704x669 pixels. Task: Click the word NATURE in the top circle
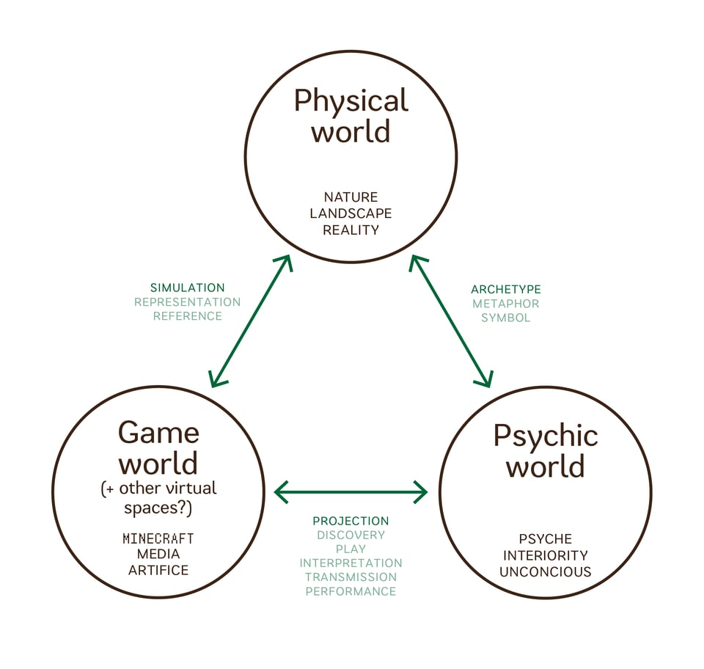351,197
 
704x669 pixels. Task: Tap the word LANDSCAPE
351,213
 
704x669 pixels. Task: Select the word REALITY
351,230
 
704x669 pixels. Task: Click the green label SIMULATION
187,288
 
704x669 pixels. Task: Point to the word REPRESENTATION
187,301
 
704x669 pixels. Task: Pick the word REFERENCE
187,316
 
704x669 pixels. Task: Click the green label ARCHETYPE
506,290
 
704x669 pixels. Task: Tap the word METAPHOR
506,304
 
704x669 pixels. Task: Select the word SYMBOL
506,318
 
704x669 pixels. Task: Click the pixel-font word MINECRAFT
158,539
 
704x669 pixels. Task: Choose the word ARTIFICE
158,570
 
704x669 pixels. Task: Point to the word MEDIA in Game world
158,555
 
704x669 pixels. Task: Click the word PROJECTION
351,521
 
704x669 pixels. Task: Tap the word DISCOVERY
351,535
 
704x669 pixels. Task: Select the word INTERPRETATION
351,563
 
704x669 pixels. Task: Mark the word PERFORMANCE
351,591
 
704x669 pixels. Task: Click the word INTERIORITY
546,555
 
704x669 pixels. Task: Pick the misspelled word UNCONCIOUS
546,571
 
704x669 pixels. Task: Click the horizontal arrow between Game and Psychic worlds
351,491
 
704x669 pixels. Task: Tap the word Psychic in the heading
546,435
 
